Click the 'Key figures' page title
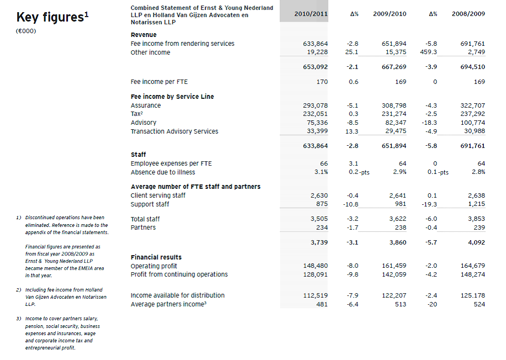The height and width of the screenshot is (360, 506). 52,17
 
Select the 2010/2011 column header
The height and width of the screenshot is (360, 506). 307,13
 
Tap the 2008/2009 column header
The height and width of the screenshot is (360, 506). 468,13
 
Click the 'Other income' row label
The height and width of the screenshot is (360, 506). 150,52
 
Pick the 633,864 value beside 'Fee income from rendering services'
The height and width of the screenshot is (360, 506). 315,44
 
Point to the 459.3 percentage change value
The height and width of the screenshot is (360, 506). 428,52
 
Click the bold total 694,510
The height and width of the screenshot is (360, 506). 472,67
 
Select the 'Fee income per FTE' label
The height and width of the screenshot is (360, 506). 159,82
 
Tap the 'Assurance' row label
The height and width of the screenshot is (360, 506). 146,105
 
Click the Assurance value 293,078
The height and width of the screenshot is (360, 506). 315,105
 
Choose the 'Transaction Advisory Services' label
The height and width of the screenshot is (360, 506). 174,131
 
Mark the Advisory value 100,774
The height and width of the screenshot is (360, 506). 472,123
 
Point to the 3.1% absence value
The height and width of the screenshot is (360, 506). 321,172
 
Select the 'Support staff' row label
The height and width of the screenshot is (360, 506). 150,204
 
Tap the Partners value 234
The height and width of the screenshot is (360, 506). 321,227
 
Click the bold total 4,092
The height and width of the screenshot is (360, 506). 476,242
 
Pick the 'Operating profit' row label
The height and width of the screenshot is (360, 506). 154,266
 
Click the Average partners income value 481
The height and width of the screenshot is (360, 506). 321,304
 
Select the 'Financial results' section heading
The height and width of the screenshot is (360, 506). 156,257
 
